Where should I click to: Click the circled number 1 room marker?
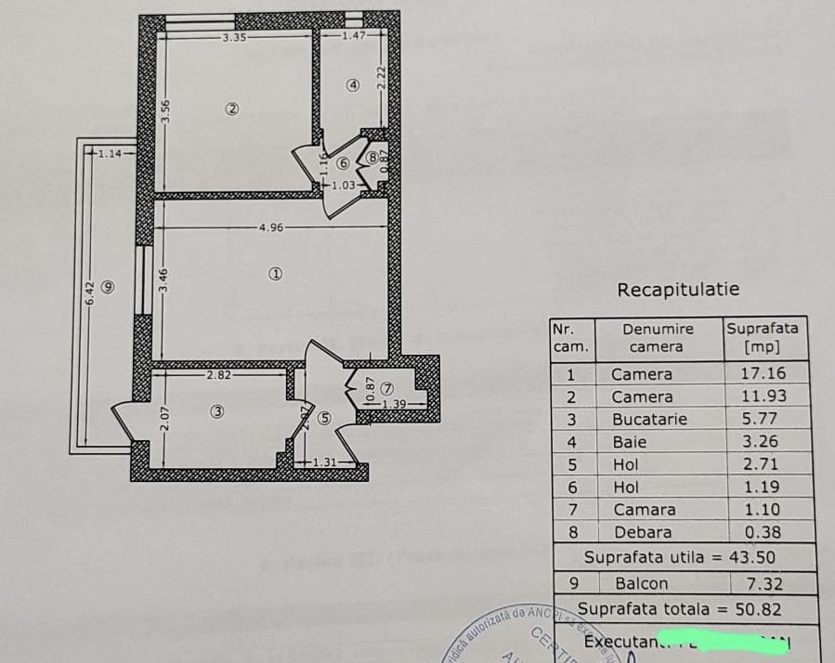[x=275, y=274]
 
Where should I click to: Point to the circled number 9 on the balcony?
[x=109, y=287]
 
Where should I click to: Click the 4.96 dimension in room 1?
[x=271, y=227]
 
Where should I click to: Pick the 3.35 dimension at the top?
[x=234, y=37]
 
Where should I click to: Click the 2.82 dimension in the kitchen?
[x=218, y=375]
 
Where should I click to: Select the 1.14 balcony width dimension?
[x=111, y=153]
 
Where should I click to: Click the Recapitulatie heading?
[x=678, y=290]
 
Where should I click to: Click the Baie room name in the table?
[x=630, y=442]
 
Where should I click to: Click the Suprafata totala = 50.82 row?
[x=679, y=609]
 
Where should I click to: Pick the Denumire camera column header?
[x=658, y=338]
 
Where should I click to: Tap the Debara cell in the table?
[x=643, y=533]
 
